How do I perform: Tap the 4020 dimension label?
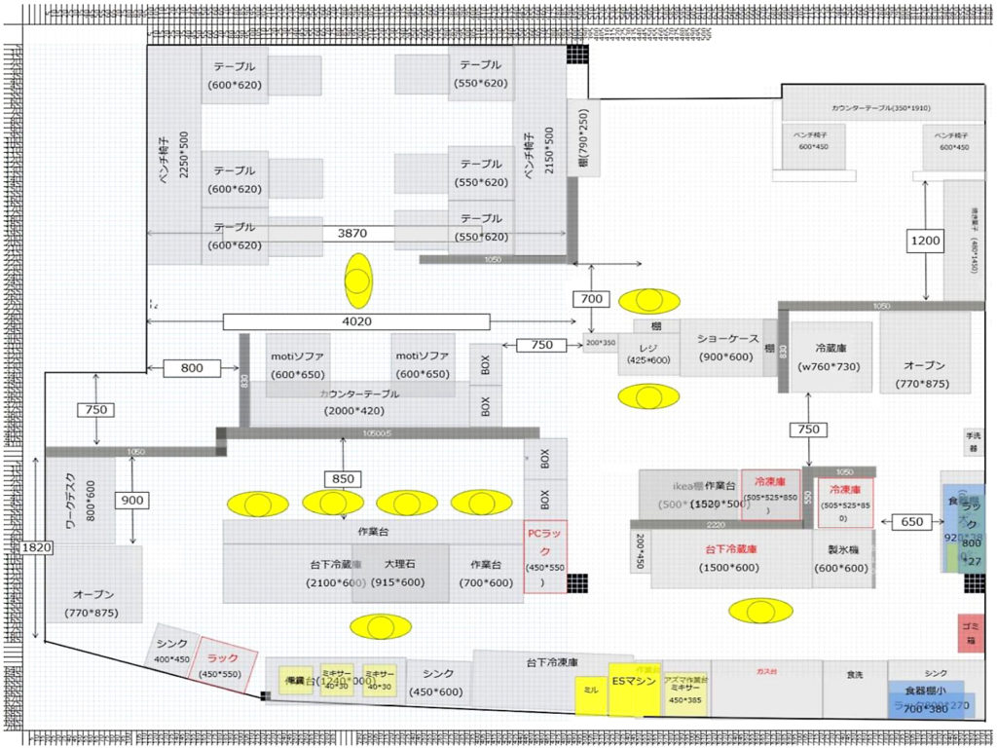click(x=355, y=321)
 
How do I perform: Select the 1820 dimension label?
click(x=34, y=548)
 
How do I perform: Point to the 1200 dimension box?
click(x=925, y=241)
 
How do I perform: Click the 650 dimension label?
click(x=911, y=522)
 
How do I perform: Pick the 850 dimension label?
click(x=344, y=479)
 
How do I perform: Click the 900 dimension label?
click(x=131, y=501)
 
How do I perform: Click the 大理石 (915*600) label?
click(x=400, y=573)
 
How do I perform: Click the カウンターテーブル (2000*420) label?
click(x=360, y=402)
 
